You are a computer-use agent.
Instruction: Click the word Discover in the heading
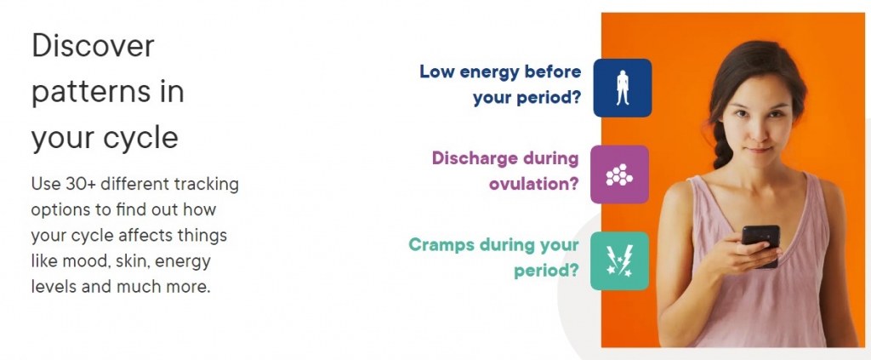[x=93, y=46]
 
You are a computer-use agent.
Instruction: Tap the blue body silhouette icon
[x=622, y=88]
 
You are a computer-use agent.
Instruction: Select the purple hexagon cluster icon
[x=619, y=174]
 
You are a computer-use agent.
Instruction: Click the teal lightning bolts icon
[x=619, y=261]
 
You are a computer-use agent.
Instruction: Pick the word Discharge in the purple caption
[x=474, y=158]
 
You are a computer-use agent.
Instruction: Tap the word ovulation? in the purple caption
[x=534, y=183]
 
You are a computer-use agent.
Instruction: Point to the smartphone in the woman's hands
[x=761, y=245]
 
